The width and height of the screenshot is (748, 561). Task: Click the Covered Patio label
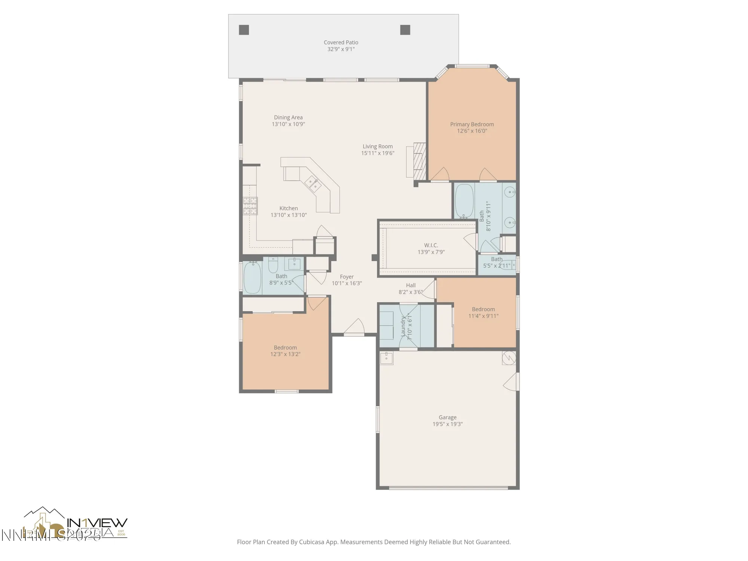[341, 43]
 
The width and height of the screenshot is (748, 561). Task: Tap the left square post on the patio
[244, 30]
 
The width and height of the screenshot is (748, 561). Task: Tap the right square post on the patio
[405, 30]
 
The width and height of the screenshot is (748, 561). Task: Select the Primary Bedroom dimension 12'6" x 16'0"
[472, 131]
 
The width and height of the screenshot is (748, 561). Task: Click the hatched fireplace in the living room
[420, 161]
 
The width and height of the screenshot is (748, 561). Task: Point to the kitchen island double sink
[313, 184]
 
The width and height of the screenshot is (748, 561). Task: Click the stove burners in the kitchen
[250, 206]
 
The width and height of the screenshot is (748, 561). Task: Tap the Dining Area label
[288, 117]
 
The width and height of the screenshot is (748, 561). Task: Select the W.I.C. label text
[431, 245]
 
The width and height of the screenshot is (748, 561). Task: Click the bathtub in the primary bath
[464, 201]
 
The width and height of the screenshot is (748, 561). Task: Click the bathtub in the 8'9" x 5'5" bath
[252, 278]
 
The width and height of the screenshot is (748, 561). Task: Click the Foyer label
[347, 277]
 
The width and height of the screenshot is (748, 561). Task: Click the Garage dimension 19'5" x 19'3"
[448, 424]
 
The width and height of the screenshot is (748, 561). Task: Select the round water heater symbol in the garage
[509, 358]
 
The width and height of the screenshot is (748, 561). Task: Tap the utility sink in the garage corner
[386, 358]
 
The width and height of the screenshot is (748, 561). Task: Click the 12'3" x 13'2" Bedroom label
[285, 347]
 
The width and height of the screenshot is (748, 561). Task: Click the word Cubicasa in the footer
[312, 542]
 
